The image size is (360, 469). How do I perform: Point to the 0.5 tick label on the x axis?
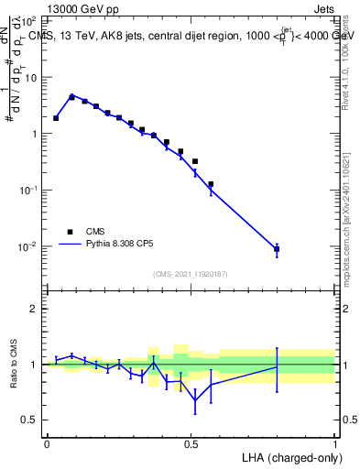tap(191, 442)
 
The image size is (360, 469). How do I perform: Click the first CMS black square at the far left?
tap(56, 118)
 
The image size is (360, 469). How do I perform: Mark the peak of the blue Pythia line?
tap(71, 94)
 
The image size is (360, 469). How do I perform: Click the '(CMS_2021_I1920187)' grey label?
tap(191, 274)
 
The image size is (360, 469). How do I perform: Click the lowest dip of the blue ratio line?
tap(195, 400)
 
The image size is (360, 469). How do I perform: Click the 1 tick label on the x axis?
tap(335, 442)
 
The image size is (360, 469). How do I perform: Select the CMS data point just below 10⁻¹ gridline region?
tap(211, 184)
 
